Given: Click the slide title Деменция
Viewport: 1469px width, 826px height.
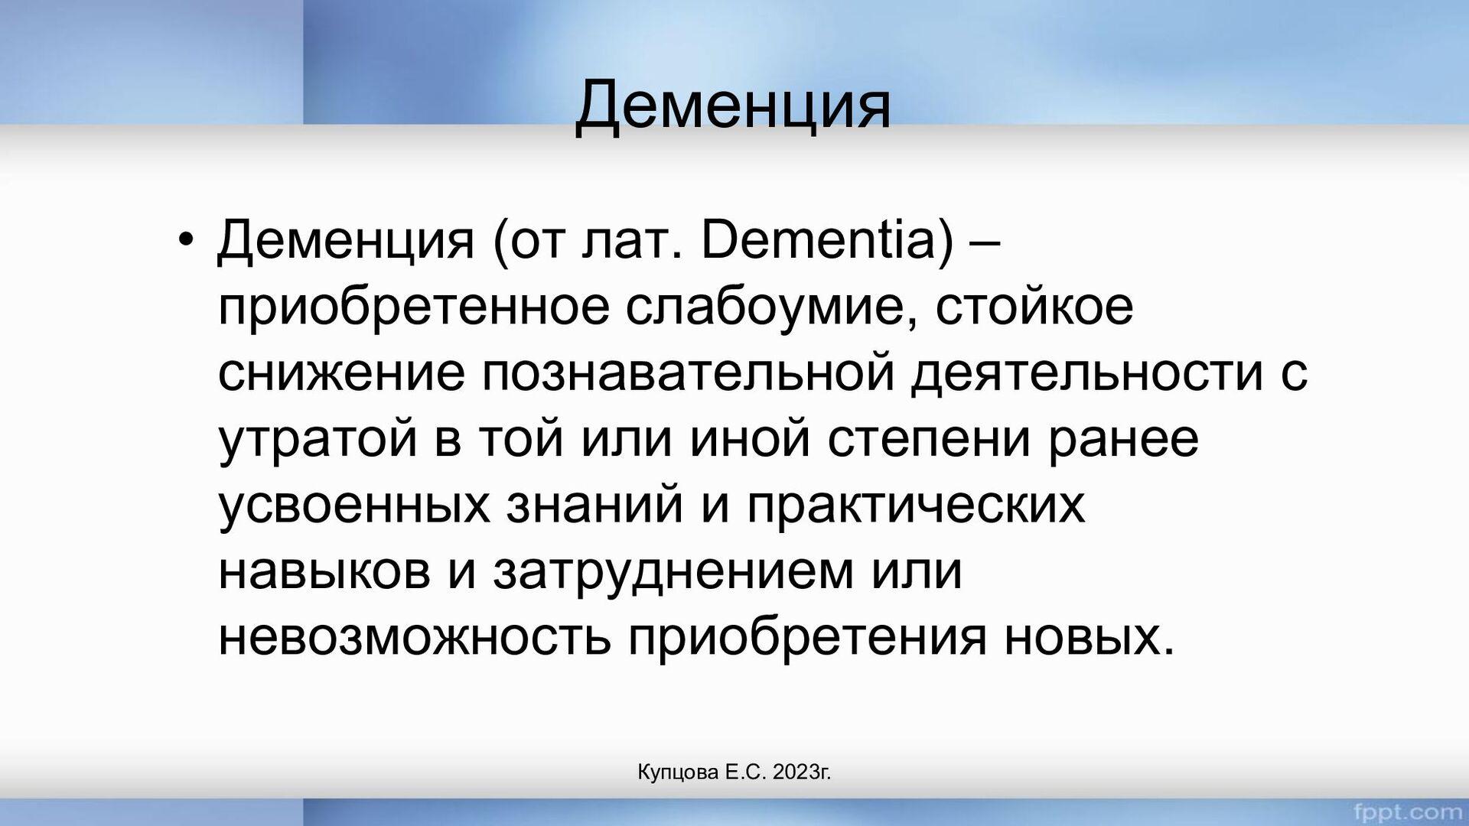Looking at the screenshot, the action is pyautogui.click(x=733, y=106).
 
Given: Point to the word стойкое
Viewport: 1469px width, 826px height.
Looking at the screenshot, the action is pyautogui.click(x=1034, y=306).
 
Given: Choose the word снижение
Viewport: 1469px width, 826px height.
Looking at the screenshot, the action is pyautogui.click(x=341, y=372).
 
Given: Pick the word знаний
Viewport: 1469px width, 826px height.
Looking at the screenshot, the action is pyautogui.click(x=594, y=505).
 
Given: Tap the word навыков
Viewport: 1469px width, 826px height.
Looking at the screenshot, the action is pyautogui.click(x=324, y=571).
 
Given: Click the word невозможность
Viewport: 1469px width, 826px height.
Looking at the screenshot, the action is pyautogui.click(x=415, y=638).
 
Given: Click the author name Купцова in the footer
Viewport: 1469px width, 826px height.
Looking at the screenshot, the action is pyautogui.click(x=678, y=773).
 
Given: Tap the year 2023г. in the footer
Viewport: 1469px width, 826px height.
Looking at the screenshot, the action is pyautogui.click(x=802, y=772).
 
